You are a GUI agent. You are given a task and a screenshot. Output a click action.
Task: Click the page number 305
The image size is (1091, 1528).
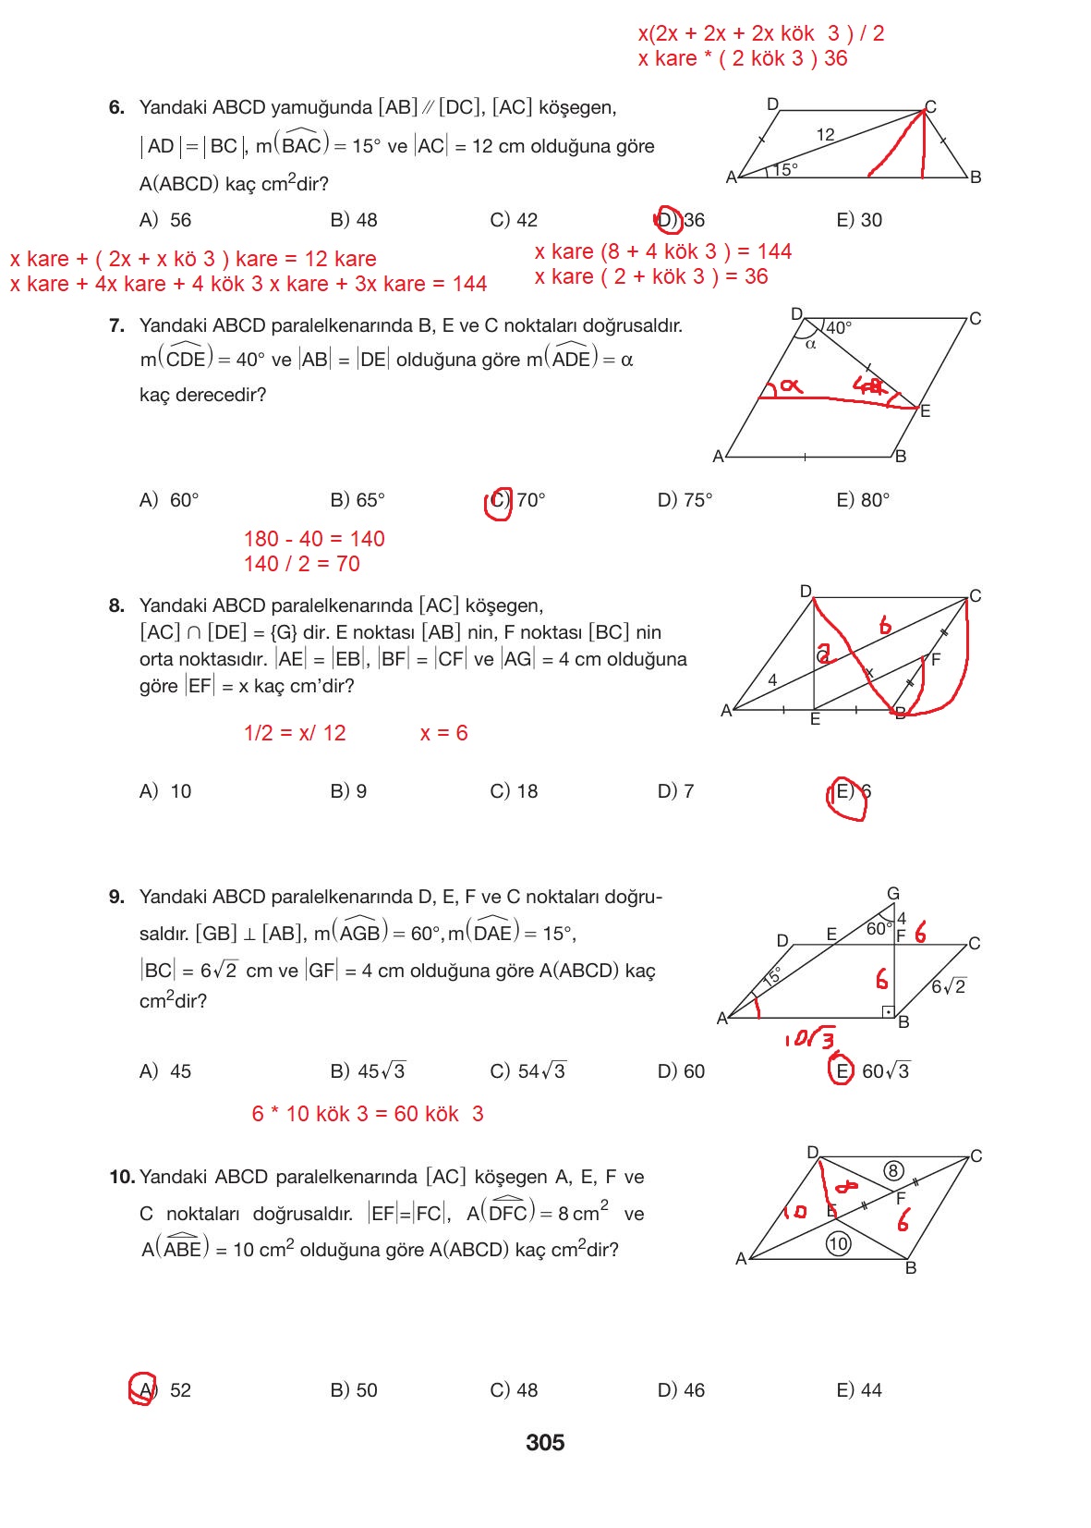tap(545, 1443)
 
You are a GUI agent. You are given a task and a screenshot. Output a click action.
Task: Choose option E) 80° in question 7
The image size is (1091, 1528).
tap(863, 500)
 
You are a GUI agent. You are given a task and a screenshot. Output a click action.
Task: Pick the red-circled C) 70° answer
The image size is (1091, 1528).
tap(516, 500)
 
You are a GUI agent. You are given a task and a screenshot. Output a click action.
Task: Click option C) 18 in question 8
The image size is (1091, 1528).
tap(514, 791)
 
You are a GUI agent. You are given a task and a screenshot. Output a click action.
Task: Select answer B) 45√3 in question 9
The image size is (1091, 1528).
tap(368, 1071)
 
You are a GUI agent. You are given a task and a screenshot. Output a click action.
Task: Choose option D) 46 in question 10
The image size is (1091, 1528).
tap(681, 1390)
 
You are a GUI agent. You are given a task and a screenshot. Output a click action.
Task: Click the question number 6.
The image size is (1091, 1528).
tap(116, 107)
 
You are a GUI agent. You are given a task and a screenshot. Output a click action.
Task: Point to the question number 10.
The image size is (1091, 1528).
tap(121, 1177)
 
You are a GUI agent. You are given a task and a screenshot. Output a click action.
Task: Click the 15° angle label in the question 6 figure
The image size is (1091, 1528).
tap(785, 169)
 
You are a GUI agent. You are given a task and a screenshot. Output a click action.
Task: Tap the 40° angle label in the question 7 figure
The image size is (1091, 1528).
tap(839, 328)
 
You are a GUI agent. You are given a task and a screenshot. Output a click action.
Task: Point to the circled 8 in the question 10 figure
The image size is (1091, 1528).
tap(892, 1171)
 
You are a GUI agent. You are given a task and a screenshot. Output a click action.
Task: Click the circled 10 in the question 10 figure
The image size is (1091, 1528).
tap(838, 1243)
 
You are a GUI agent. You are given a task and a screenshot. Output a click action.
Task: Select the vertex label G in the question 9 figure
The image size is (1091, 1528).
tap(893, 894)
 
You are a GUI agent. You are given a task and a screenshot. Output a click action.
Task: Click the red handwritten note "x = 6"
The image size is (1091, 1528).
tap(443, 733)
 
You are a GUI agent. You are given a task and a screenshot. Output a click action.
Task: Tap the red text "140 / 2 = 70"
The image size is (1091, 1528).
tap(301, 564)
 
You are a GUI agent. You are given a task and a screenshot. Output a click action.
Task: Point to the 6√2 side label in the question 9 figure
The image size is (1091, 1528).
tap(948, 986)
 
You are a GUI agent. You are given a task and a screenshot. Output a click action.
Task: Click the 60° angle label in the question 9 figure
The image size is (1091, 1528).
tap(879, 928)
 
